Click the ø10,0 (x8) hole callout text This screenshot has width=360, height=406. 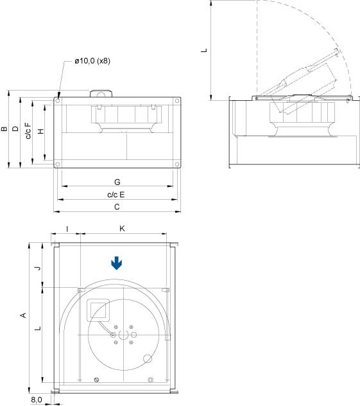(92, 61)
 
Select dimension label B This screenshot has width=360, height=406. (5, 129)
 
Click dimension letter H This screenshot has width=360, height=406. (41, 131)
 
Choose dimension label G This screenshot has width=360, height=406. (117, 182)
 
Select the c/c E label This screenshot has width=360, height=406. (116, 195)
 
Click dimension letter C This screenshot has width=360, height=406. (117, 207)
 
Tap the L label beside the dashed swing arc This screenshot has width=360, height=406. (204, 49)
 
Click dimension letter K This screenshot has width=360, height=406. (122, 229)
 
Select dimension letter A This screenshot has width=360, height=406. (24, 315)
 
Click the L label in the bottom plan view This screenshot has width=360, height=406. (38, 328)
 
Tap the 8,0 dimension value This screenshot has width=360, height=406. (37, 400)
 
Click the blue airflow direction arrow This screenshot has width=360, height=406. (116, 263)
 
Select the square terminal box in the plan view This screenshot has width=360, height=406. (97, 310)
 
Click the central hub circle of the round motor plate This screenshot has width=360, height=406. (123, 334)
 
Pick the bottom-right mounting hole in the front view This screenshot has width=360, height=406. (175, 164)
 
